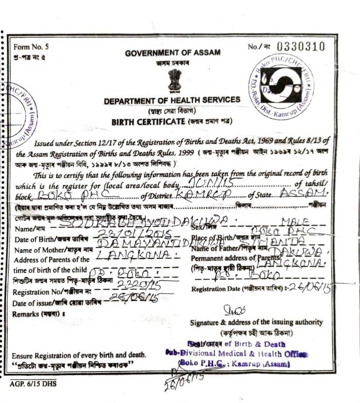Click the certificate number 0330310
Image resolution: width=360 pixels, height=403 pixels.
pyautogui.click(x=301, y=47)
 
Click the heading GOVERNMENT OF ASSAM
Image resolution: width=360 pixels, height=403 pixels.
pyautogui.click(x=172, y=52)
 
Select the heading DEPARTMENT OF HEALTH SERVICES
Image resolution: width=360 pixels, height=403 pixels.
pyautogui.click(x=172, y=100)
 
